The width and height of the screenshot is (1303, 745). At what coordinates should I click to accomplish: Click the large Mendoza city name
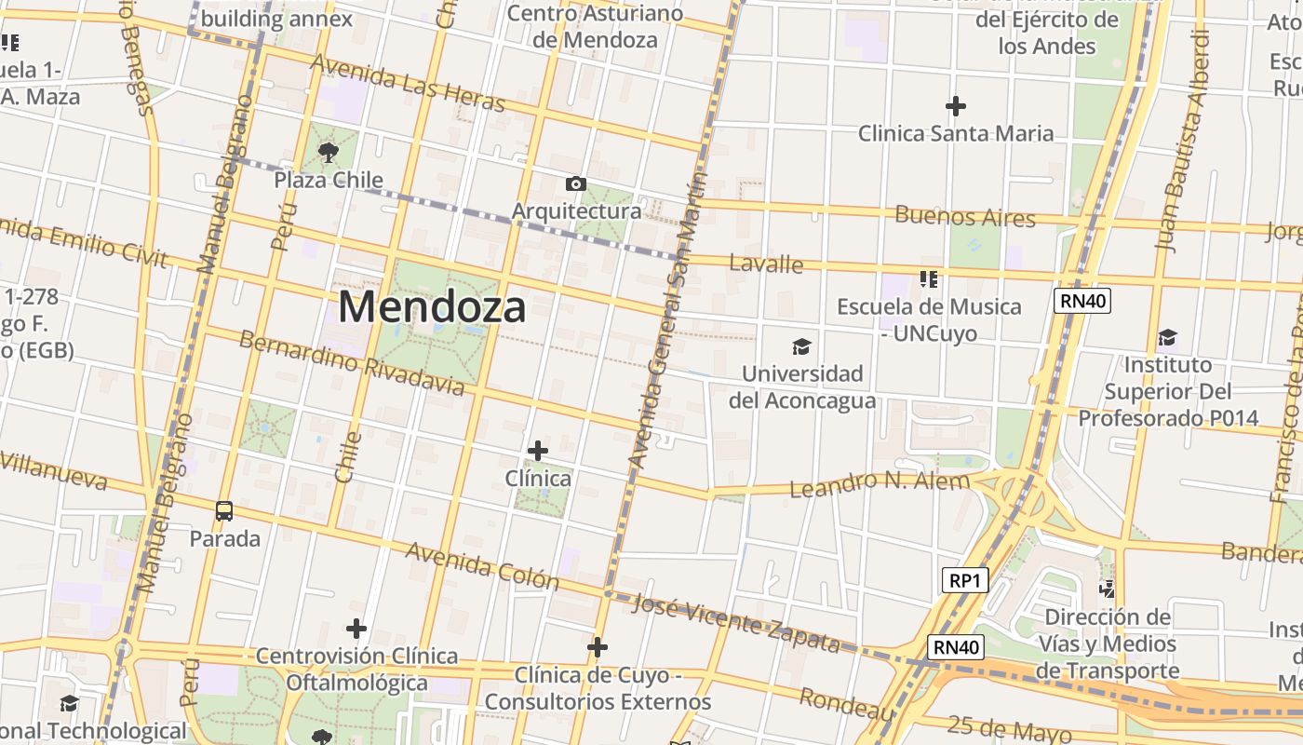pyautogui.click(x=432, y=306)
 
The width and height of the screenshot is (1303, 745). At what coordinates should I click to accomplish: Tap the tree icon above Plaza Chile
pyautogui.click(x=328, y=152)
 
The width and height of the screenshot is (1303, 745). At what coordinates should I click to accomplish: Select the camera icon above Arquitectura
pyautogui.click(x=576, y=183)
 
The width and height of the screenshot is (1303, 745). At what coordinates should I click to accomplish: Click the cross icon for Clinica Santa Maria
pyautogui.click(x=955, y=106)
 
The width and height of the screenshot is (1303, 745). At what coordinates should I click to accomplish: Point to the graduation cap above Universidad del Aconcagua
pyautogui.click(x=801, y=347)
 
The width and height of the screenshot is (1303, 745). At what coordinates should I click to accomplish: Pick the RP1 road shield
pyautogui.click(x=963, y=580)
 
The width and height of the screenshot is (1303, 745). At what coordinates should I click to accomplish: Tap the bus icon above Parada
pyautogui.click(x=224, y=510)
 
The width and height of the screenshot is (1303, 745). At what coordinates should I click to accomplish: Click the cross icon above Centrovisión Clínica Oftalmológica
pyautogui.click(x=356, y=629)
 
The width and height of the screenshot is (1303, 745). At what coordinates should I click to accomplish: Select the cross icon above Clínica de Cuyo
pyautogui.click(x=598, y=646)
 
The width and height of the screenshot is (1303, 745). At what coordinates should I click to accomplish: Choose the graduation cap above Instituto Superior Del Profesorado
pyautogui.click(x=1167, y=337)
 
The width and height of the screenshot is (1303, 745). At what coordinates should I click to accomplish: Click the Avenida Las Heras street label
pyautogui.click(x=408, y=82)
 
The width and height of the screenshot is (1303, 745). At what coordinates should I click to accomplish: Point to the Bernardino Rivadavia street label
pyautogui.click(x=351, y=361)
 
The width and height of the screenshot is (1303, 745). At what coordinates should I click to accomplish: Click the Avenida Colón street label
pyautogui.click(x=481, y=565)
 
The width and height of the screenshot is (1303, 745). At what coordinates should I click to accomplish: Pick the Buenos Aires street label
pyautogui.click(x=964, y=217)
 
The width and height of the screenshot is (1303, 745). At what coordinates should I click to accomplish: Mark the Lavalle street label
pyautogui.click(x=766, y=264)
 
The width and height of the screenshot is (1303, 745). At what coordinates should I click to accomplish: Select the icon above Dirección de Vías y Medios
pyautogui.click(x=1107, y=589)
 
